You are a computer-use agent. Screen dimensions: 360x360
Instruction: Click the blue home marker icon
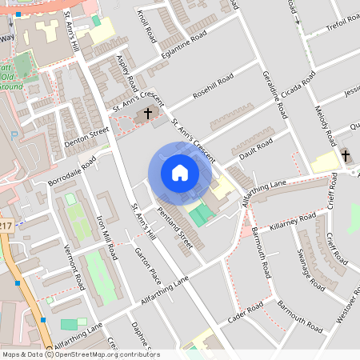[x=179, y=173]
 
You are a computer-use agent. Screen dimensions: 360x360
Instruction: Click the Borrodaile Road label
[x=72, y=171]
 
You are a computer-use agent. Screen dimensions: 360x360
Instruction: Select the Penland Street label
[x=174, y=226]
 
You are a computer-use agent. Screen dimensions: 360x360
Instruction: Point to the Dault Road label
[x=255, y=148]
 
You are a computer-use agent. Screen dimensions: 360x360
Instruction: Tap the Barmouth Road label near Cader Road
[x=299, y=316]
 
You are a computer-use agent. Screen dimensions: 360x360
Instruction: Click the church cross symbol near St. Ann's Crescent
[x=147, y=114]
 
